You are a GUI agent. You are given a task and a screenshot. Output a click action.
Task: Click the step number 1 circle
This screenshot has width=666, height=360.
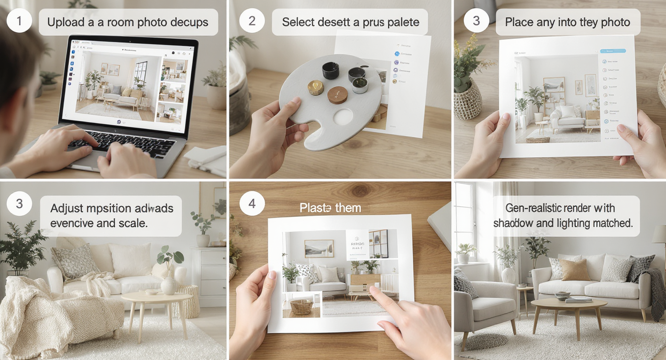click(19, 22)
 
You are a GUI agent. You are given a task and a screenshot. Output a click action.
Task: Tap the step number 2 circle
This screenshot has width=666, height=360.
click(252, 22)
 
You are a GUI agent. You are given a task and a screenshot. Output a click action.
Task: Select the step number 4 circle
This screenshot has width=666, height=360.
click(252, 204)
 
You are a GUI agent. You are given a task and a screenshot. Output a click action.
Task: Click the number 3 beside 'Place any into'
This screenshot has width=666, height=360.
click(476, 22)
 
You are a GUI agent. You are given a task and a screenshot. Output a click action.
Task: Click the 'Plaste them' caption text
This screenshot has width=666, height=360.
click(330, 208)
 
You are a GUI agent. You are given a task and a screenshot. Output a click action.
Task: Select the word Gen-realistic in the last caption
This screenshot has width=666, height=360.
click(532, 208)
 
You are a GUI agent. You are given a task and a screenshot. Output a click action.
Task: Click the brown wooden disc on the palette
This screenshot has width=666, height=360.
click(338, 94)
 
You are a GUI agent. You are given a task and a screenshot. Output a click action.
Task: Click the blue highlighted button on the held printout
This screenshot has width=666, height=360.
click(613, 50)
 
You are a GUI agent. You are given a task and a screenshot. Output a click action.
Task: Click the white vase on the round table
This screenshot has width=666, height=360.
click(168, 285)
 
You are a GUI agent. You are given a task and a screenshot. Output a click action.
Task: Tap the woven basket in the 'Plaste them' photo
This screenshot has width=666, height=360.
click(301, 306)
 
